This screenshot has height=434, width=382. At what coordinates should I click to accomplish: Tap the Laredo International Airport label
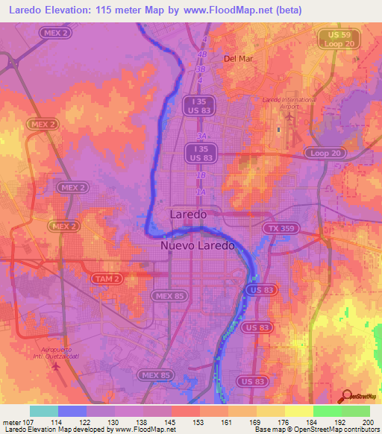pos(289,102)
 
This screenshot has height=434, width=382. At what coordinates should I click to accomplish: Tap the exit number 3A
pos(201,137)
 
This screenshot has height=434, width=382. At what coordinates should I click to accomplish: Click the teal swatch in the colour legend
pos(44,411)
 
